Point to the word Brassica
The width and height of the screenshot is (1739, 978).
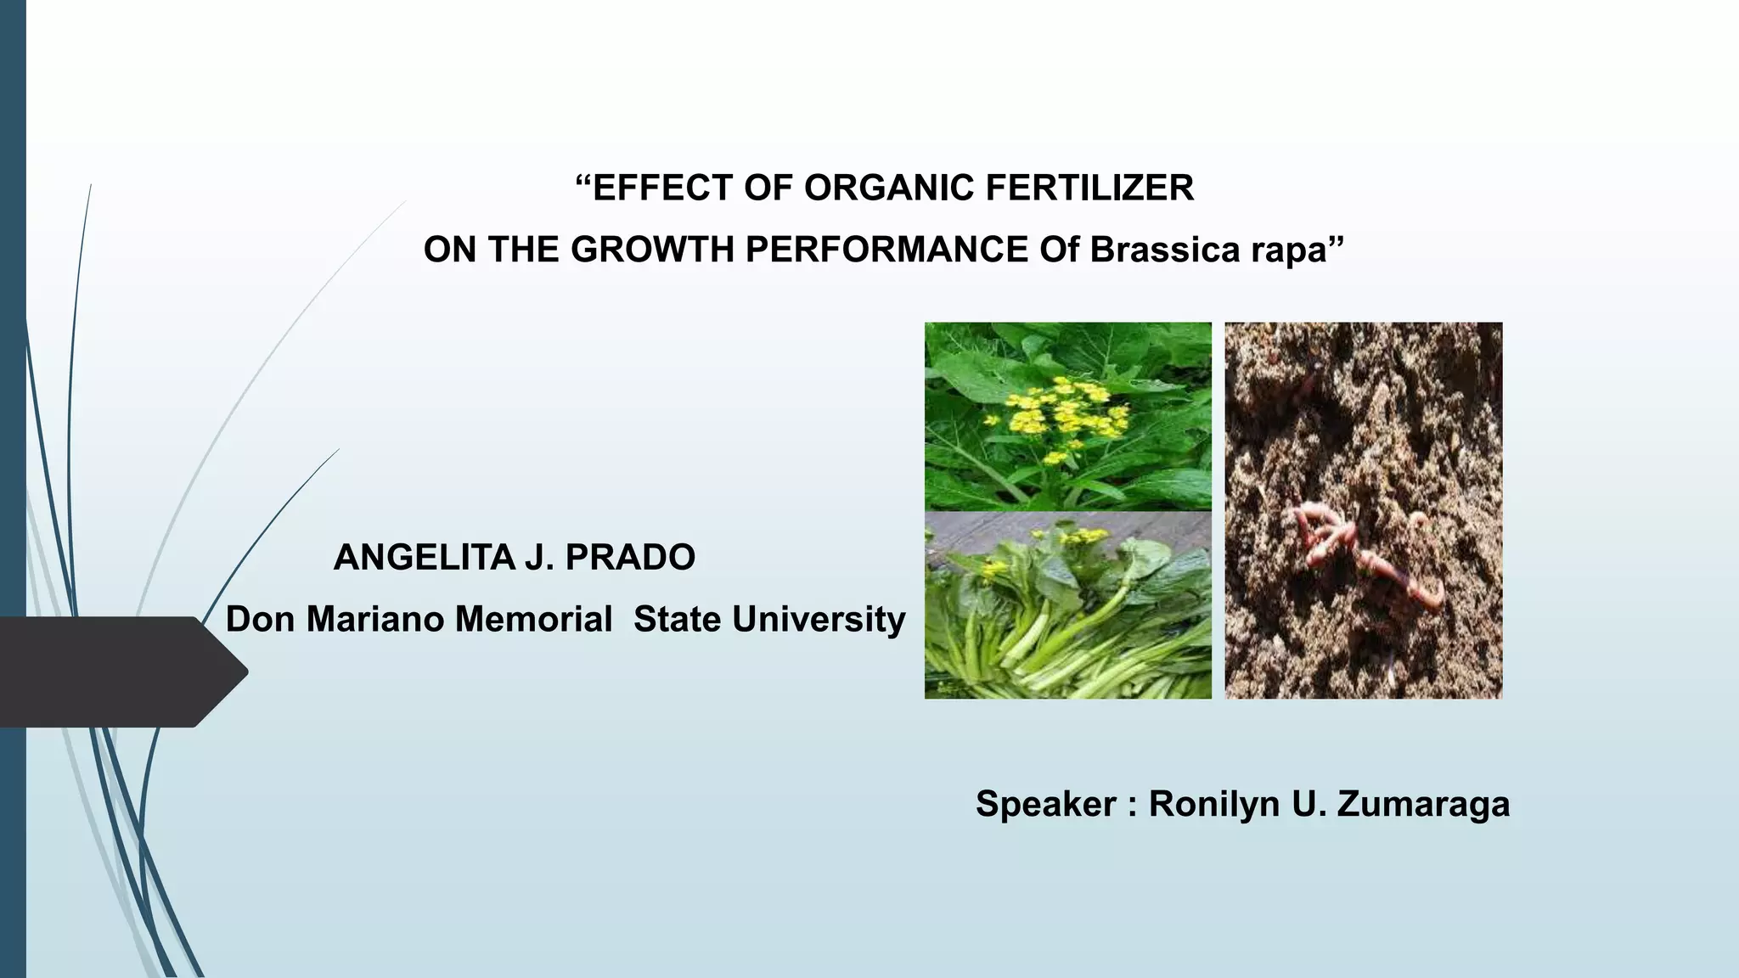1164,250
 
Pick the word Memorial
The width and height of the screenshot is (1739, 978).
533,619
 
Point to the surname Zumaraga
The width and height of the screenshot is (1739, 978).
1423,804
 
